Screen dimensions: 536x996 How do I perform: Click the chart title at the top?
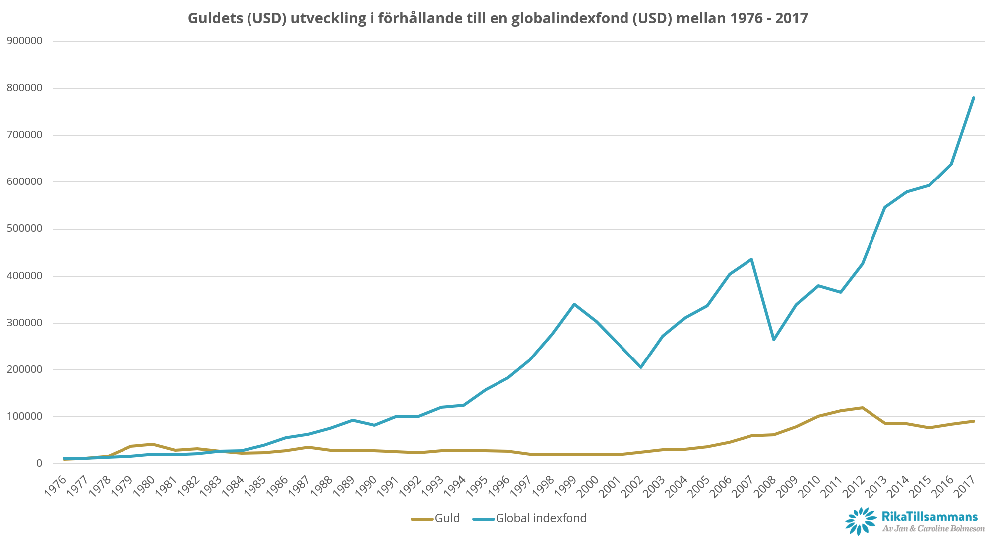click(498, 18)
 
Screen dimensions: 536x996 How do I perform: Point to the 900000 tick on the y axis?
click(25, 41)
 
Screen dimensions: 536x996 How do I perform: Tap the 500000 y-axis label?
click(25, 229)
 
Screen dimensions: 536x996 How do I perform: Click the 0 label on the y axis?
click(39, 463)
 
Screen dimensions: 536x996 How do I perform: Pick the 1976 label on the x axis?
click(55, 486)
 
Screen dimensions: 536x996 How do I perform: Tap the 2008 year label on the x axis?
click(765, 486)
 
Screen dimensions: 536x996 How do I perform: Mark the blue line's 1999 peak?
click(574, 304)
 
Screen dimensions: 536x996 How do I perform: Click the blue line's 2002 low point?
click(640, 367)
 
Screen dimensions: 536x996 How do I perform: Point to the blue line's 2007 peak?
click(751, 259)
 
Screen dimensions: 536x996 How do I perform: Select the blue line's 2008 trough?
click(773, 340)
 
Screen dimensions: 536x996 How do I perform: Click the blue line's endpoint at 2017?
click(973, 98)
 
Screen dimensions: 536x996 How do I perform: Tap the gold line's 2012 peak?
click(862, 408)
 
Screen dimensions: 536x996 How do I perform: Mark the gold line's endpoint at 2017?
click(973, 421)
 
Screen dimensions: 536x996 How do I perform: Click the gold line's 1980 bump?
click(152, 444)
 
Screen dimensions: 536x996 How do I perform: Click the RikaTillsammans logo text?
click(929, 517)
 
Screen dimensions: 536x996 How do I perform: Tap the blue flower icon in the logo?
click(861, 521)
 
